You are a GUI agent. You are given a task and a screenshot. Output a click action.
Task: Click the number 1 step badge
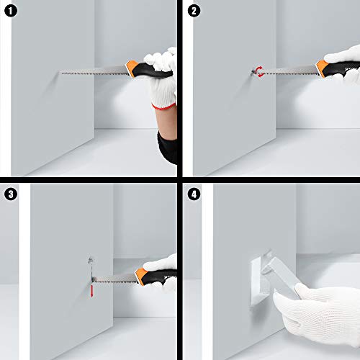pyautogui.click(x=10, y=10)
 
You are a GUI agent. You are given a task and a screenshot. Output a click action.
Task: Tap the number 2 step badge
pyautogui.click(x=193, y=10)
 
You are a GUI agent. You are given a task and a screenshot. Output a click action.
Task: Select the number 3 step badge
pyautogui.click(x=10, y=193)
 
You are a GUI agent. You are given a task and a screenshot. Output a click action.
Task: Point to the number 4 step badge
pyautogui.click(x=193, y=193)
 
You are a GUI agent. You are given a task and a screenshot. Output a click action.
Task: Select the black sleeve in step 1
pyautogui.click(x=167, y=144)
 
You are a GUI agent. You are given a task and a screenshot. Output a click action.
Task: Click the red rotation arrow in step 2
pyautogui.click(x=258, y=71)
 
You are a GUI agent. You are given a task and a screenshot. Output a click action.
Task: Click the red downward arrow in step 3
pyautogui.click(x=92, y=289)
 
